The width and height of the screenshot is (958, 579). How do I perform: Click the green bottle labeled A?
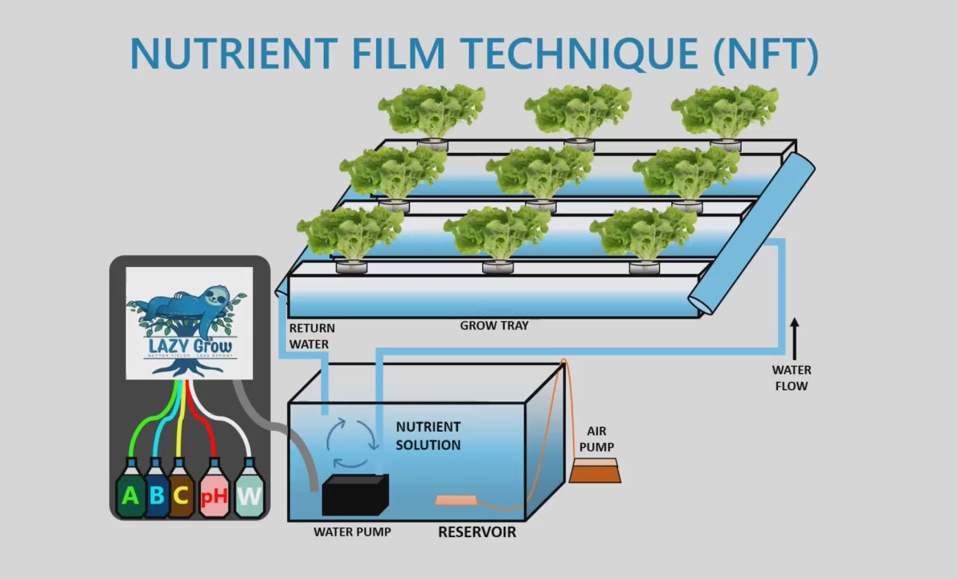129,492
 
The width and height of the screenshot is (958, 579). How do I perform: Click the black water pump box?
354,495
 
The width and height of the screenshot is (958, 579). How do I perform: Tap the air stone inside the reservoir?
456,501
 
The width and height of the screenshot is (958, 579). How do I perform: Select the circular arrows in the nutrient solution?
351,441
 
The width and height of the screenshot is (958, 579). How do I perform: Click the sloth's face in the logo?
215,300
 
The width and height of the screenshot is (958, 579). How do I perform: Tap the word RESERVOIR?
477,532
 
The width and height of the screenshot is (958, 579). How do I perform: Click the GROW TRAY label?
494,326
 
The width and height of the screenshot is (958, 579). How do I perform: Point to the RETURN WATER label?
312,336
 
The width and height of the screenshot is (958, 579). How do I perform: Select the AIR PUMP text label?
596,438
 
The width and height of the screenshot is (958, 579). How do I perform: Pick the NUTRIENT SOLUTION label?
428,436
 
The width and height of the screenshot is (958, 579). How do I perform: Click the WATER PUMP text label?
352,532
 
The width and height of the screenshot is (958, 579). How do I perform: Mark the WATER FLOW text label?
792,378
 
